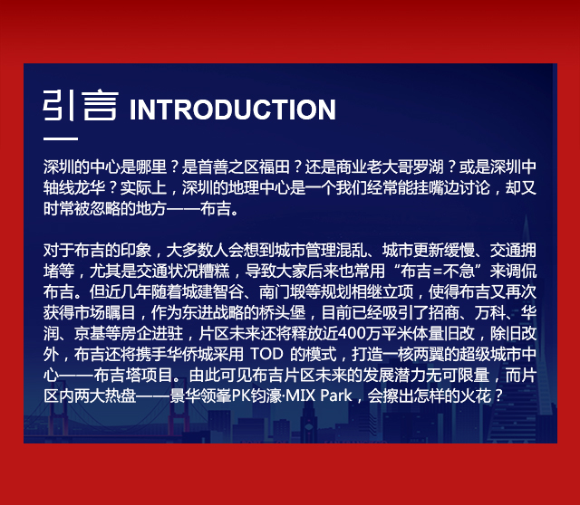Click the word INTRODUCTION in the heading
tap(233, 110)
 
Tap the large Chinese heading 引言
tap(81, 106)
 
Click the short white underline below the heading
tap(61, 138)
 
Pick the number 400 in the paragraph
tap(350, 334)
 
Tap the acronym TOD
tap(266, 355)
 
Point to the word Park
tap(336, 396)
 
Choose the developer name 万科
tap(489, 313)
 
